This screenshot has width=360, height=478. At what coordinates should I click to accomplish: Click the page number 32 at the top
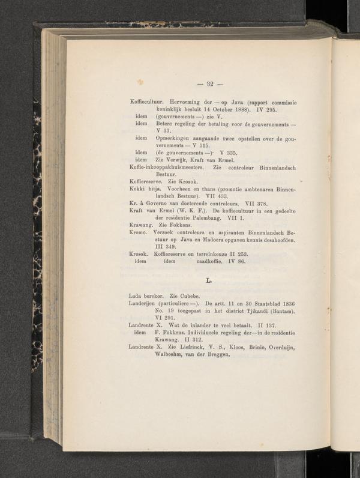211,83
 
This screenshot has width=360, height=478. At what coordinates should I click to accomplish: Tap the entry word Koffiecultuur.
148,103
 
